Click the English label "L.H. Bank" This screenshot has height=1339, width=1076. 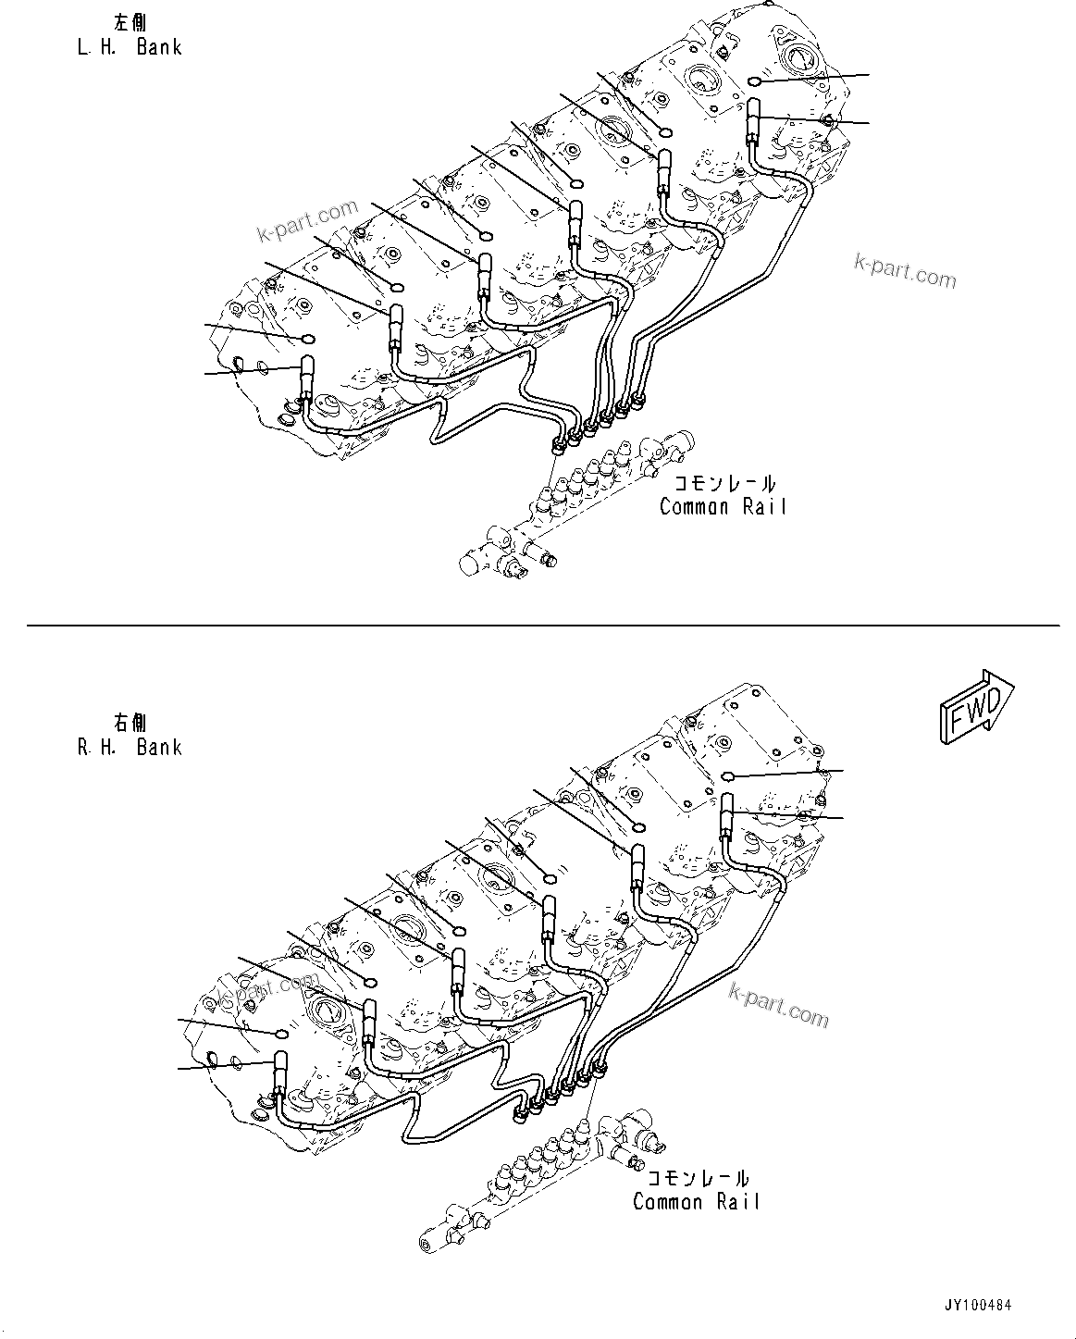[129, 47]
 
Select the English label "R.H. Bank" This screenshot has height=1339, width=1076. [129, 747]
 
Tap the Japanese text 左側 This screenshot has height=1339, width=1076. [129, 23]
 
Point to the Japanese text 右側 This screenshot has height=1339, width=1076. [129, 722]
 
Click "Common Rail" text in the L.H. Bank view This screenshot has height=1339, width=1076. [723, 507]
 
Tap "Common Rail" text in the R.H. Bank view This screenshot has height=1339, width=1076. [696, 1202]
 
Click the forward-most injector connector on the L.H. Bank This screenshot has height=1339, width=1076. [753, 121]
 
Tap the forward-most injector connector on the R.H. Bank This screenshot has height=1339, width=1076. [727, 815]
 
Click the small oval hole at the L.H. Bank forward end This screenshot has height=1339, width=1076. [754, 82]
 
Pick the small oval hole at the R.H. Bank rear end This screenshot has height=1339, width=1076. [280, 1033]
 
